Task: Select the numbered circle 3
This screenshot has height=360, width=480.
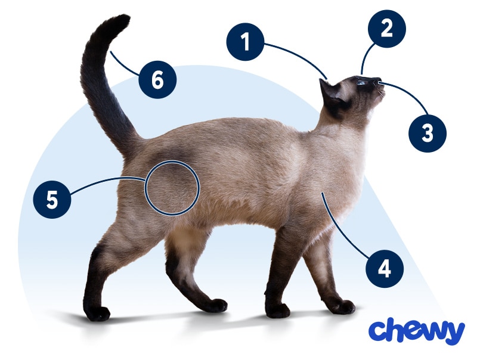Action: coord(428,133)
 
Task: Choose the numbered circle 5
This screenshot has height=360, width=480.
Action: coord(52,199)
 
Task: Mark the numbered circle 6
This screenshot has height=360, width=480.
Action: coord(157,80)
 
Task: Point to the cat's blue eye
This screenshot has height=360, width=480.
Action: coord(361,83)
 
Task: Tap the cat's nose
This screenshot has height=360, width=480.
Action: coord(380,81)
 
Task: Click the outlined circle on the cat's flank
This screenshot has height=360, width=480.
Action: coord(172,188)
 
